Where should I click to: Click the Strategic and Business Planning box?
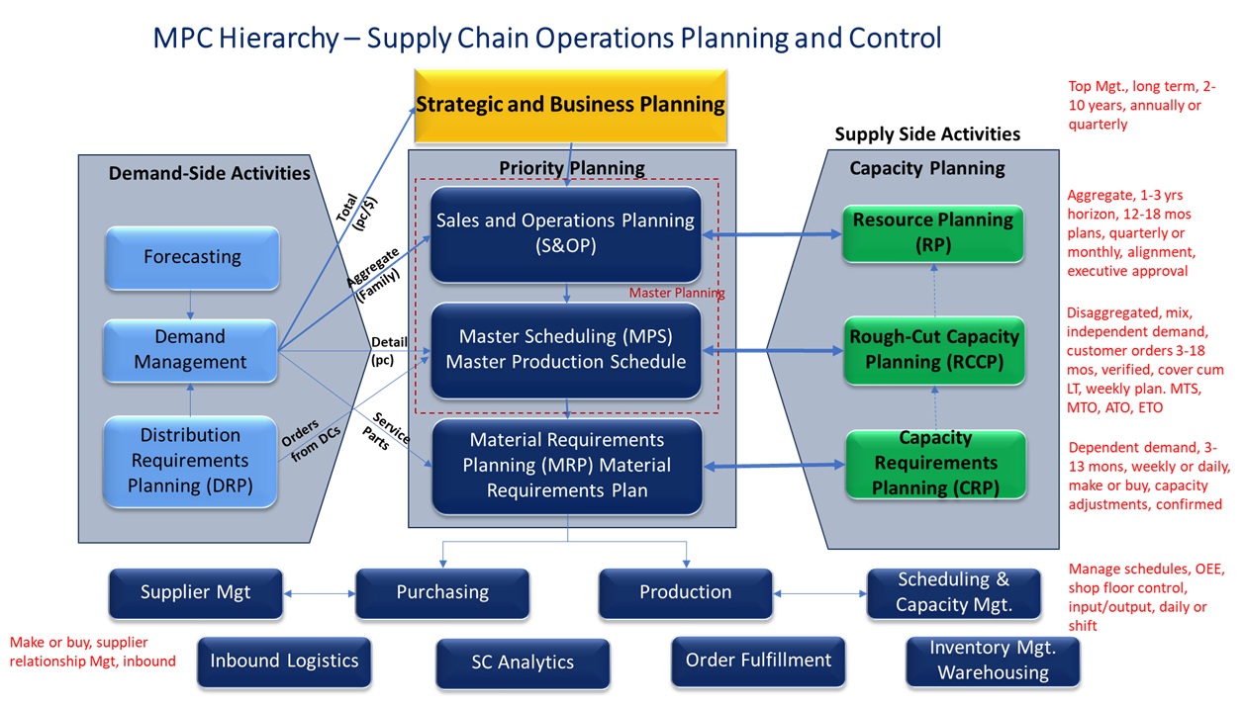click(570, 104)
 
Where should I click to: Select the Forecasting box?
click(192, 257)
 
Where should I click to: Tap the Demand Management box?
click(192, 349)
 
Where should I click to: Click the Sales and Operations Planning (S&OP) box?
click(565, 233)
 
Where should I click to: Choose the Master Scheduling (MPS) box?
click(565, 349)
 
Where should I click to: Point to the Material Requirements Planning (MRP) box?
click(568, 465)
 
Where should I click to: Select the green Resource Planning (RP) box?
click(933, 232)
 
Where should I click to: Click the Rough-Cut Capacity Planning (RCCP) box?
click(933, 349)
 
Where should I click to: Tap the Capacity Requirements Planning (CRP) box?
click(935, 463)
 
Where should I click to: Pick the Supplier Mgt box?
click(195, 592)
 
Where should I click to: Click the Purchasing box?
click(442, 592)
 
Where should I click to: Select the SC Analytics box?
click(523, 662)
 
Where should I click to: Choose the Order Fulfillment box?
click(758, 660)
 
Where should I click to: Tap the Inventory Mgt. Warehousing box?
click(993, 661)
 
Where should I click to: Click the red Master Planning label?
click(677, 294)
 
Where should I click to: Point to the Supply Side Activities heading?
click(926, 134)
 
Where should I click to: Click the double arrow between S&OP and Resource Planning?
click(772, 234)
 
